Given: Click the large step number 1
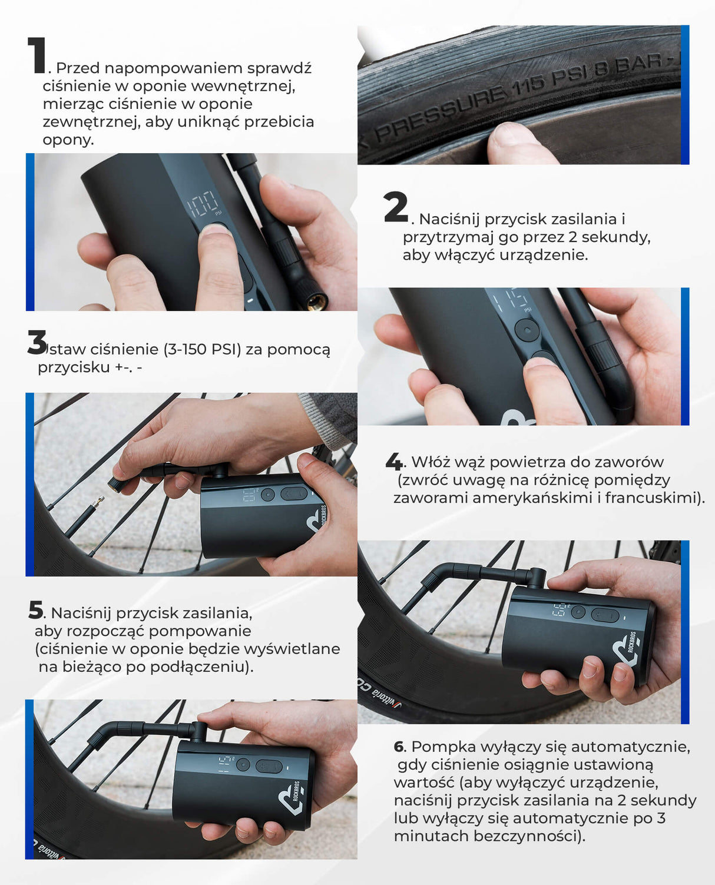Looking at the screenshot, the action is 37,55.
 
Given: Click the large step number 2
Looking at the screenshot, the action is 396,207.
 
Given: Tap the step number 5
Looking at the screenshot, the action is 36,609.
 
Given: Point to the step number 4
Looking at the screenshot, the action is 394,461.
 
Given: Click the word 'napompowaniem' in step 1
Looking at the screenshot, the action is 173,68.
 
